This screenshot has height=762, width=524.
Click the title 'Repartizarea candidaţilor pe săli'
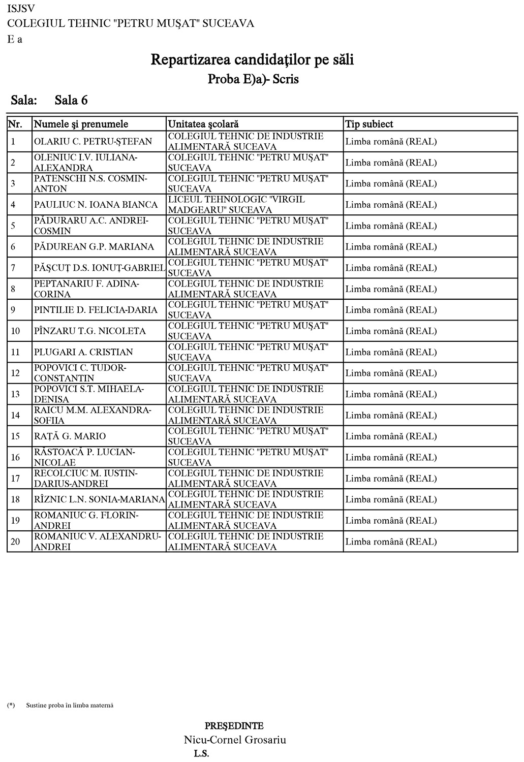pyautogui.click(x=252, y=60)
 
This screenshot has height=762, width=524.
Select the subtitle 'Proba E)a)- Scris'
pyautogui.click(x=253, y=79)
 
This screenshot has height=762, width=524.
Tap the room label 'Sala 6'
pyautogui.click(x=71, y=100)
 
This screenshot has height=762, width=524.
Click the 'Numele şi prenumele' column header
pyautogui.click(x=81, y=124)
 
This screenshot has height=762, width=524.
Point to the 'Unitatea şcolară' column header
pyautogui.click(x=203, y=124)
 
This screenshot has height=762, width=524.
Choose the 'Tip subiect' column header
pyautogui.click(x=369, y=124)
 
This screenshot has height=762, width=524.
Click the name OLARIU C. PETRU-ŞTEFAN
pyautogui.click(x=93, y=141)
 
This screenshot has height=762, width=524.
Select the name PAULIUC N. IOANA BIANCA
pyautogui.click(x=96, y=205)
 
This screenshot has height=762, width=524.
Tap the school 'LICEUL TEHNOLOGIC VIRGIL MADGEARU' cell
pyautogui.click(x=236, y=205)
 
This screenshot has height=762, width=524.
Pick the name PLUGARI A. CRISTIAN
pyautogui.click(x=83, y=352)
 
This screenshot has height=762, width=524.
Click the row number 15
pyautogui.click(x=15, y=436)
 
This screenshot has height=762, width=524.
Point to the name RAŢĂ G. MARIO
pyautogui.click(x=70, y=436)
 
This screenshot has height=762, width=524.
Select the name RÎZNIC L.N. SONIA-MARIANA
pyautogui.click(x=99, y=499)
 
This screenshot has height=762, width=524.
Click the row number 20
pyautogui.click(x=15, y=542)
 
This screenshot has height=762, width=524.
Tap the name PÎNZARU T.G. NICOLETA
pyautogui.click(x=89, y=331)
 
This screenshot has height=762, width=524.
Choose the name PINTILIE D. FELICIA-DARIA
pyautogui.click(x=96, y=310)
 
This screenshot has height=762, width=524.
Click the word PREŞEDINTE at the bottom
pyautogui.click(x=234, y=726)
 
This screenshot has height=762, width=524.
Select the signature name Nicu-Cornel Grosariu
pyautogui.click(x=235, y=740)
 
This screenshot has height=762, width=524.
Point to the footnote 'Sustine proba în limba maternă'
pyautogui.click(x=70, y=705)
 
